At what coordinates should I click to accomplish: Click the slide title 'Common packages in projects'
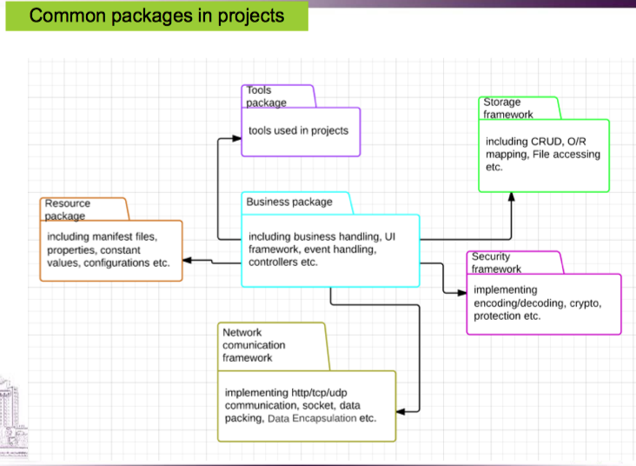[x=156, y=16]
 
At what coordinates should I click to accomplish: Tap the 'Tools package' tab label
[x=266, y=97]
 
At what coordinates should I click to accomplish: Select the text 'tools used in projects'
[x=298, y=130]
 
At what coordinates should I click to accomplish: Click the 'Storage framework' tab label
[x=508, y=108]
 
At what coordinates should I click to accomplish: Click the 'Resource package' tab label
[x=68, y=210]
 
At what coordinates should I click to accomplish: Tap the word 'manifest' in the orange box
[x=116, y=236]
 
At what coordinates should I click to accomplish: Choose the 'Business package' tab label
[x=289, y=202]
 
